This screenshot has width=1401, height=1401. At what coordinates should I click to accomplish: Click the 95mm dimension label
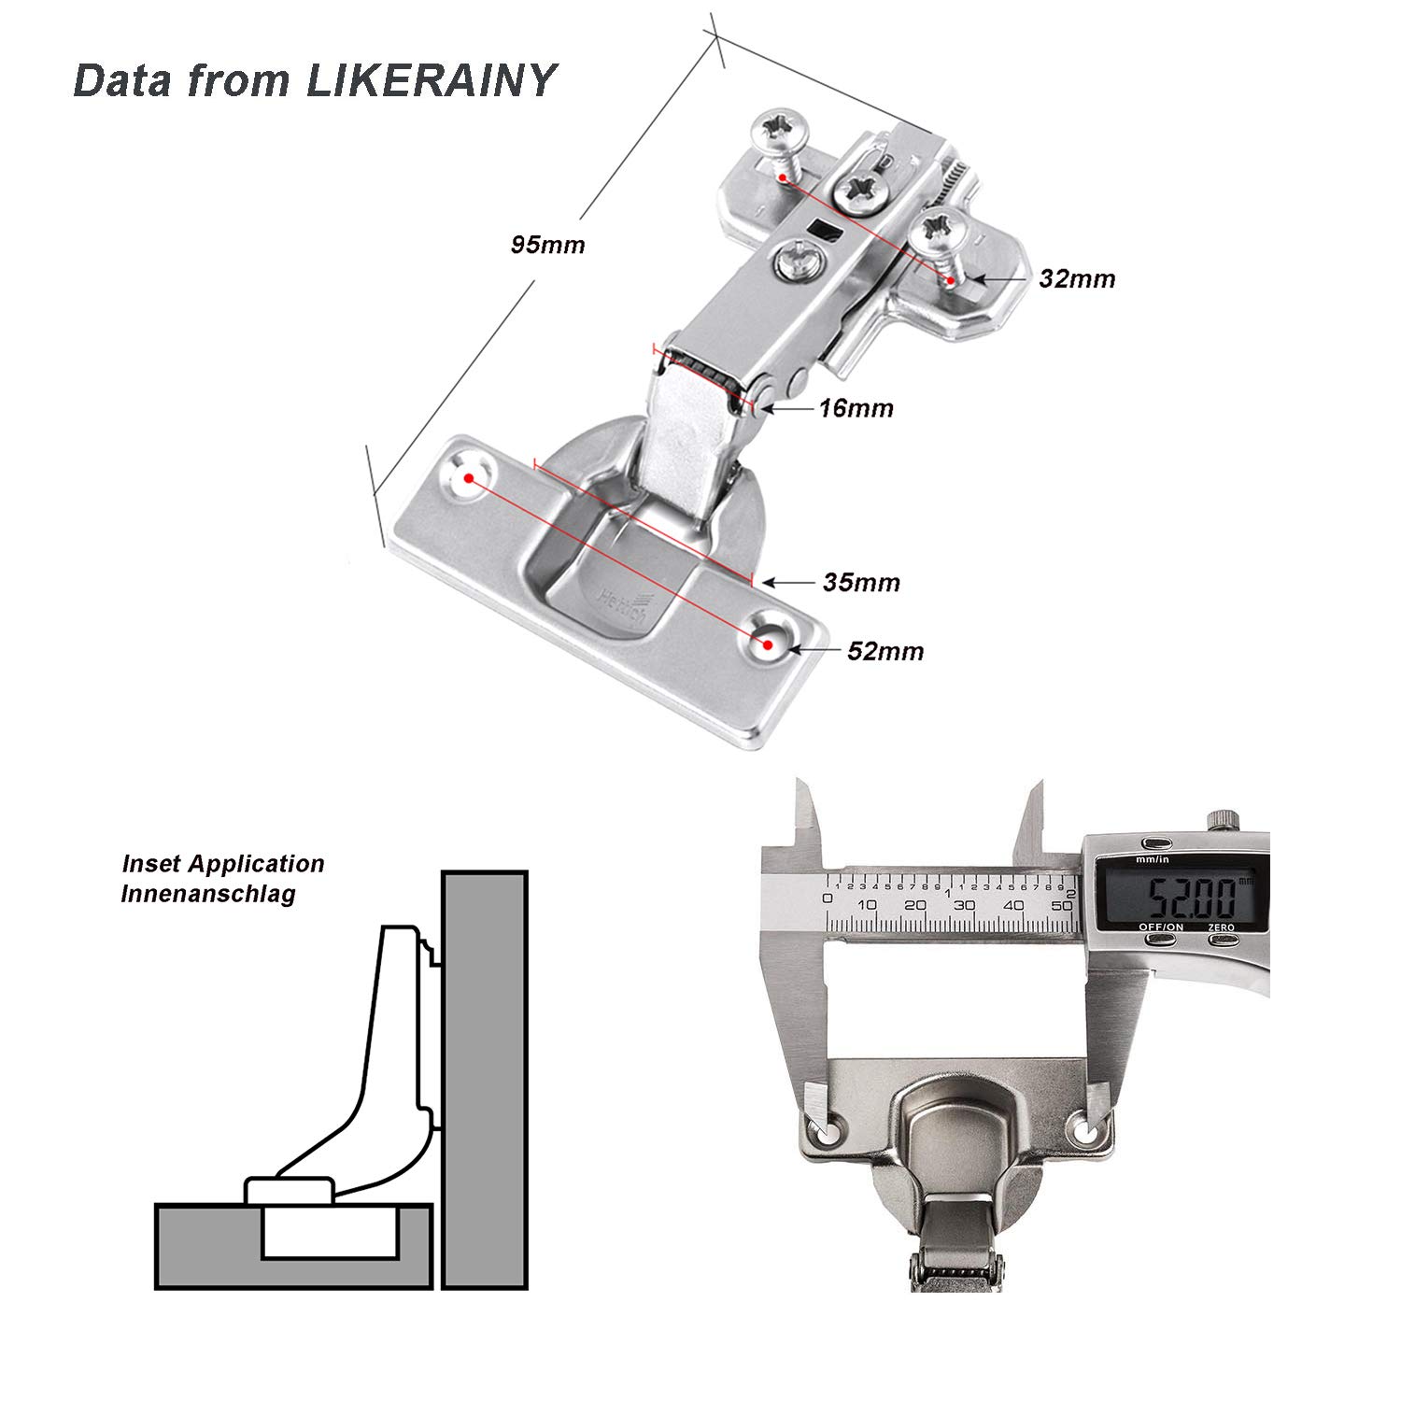click(x=547, y=245)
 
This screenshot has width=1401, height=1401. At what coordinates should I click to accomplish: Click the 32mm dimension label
click(x=1077, y=278)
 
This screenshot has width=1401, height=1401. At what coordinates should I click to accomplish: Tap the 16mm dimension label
click(x=856, y=408)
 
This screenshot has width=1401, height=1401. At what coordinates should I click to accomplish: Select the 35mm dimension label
click(x=861, y=583)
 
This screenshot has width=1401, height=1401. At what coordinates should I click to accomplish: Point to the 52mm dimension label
click(x=884, y=650)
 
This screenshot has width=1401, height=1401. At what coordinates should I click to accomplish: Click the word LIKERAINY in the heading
click(x=431, y=80)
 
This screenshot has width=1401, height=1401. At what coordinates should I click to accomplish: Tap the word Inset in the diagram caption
click(x=149, y=864)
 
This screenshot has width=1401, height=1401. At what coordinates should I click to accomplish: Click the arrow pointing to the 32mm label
click(x=999, y=278)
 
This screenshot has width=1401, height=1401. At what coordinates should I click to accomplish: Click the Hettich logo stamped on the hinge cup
click(x=621, y=599)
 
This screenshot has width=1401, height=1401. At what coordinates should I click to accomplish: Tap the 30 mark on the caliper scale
click(x=965, y=905)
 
